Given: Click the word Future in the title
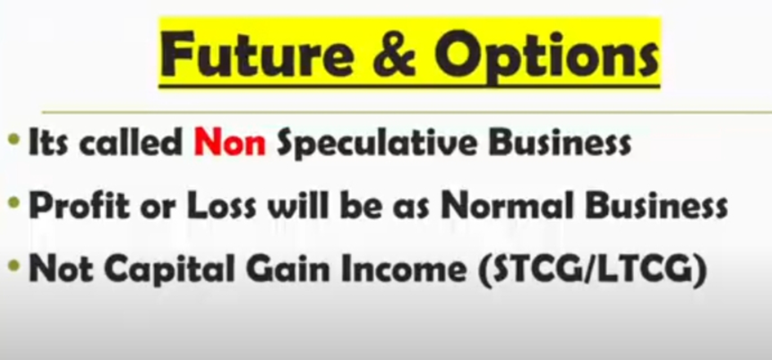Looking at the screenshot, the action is tap(258, 54).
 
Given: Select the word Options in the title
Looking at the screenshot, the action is tap(547, 57).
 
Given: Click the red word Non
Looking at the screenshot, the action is tap(230, 142).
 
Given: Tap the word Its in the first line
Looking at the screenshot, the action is tap(48, 142).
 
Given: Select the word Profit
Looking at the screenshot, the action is tap(80, 206).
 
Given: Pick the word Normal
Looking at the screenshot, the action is tap(510, 206).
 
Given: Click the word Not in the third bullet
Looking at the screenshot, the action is tap(61, 269).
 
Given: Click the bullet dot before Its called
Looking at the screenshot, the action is tap(13, 140).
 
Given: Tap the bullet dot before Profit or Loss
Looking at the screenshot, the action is tap(13, 203).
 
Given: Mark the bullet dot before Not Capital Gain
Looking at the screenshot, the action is tap(13, 266).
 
